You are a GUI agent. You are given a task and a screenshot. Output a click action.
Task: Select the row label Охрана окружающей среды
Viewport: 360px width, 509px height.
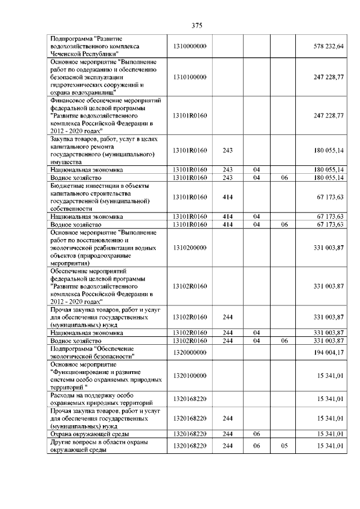point(89,434)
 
